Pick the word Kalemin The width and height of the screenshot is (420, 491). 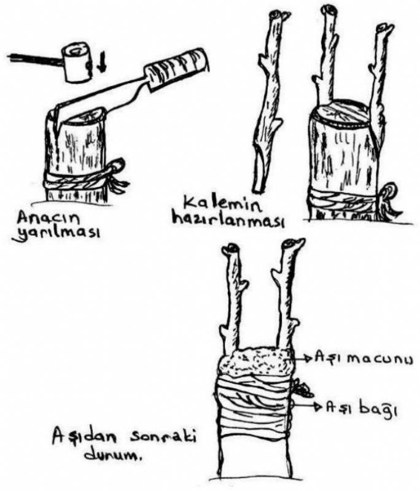pos(222,206)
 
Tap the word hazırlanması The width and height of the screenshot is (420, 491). pos(228,221)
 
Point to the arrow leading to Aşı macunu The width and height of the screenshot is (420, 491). pos(301,358)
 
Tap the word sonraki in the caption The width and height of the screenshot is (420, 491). pos(163,438)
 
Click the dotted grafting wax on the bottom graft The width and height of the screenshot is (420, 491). pos(256,361)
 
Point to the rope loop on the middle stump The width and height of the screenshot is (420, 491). pos(392,190)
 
